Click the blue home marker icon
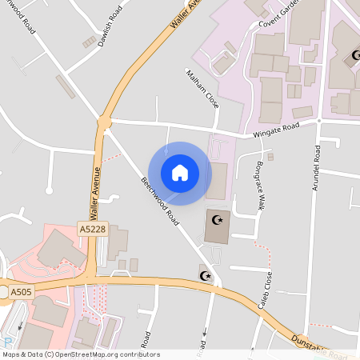tap(180, 172)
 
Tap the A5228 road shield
tap(92, 230)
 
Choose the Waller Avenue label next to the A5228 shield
tap(95, 193)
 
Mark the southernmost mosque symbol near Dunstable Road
tap(204, 276)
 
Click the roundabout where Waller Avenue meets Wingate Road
tap(103, 122)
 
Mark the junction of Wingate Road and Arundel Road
tap(318, 120)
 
